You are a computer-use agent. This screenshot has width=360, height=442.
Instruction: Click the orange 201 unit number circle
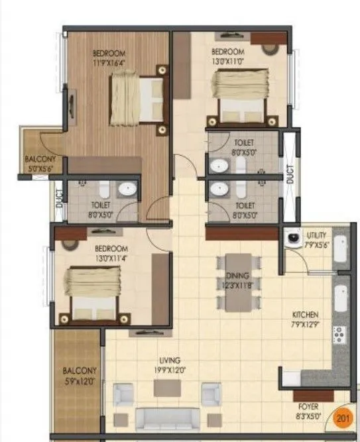pyautogui.click(x=343, y=418)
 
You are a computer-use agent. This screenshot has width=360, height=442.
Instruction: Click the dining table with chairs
pyautogui.click(x=237, y=282)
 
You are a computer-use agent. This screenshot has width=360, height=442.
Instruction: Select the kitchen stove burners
pyautogui.click(x=340, y=337)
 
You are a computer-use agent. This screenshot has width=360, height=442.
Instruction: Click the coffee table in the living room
pyautogui.click(x=167, y=388)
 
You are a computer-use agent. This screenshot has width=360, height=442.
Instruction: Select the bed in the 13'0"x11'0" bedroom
pyautogui.click(x=242, y=96)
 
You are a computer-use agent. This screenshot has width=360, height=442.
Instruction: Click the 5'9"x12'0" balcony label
pyautogui.click(x=79, y=376)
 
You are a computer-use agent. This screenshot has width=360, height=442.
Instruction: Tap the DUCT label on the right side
pyautogui.click(x=290, y=174)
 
